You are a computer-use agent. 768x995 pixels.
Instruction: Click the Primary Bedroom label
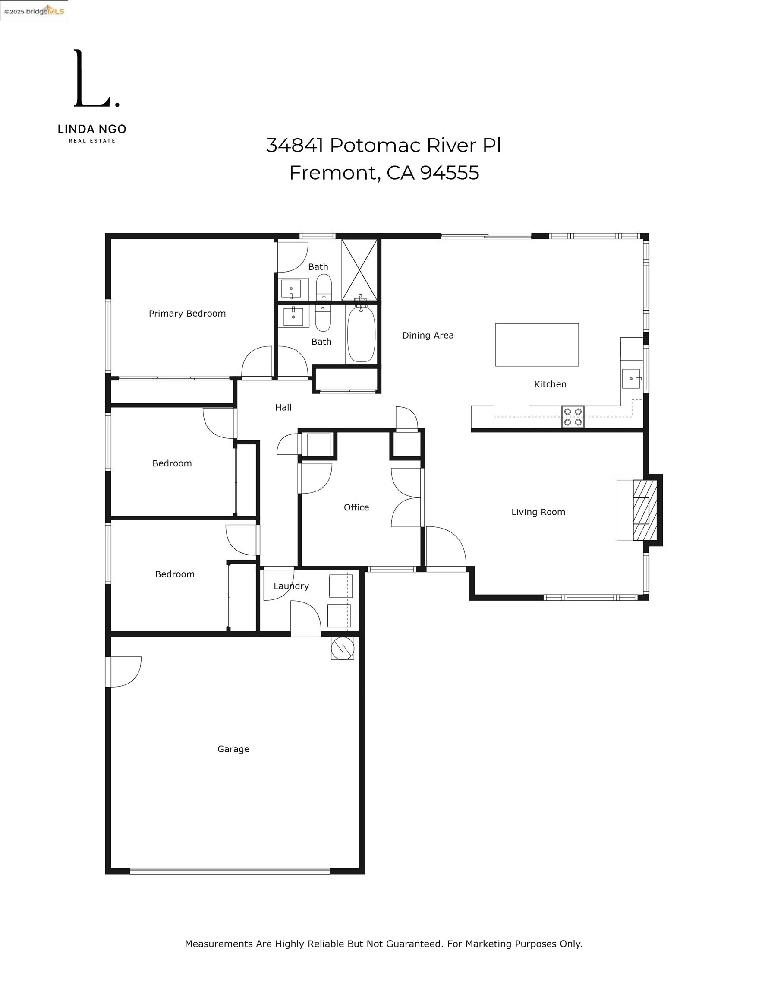187,314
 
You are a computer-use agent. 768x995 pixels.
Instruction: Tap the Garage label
233,749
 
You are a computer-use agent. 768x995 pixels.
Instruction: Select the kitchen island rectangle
537,345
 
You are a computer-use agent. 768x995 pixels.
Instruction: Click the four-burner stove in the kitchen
573,417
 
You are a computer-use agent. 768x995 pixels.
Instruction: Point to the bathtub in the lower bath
361,334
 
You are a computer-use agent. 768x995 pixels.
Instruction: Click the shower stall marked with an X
360,270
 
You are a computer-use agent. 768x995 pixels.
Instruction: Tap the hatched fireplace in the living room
645,510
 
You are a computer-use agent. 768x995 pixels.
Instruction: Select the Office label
356,507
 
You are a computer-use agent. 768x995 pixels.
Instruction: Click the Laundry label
291,586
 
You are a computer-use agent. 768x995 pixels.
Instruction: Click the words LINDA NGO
92,130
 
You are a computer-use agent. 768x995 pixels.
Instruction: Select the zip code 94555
449,173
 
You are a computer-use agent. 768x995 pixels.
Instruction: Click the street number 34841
295,146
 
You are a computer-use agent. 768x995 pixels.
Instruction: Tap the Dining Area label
428,336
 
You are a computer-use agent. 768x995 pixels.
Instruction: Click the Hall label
283,408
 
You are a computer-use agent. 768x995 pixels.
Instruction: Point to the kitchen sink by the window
631,379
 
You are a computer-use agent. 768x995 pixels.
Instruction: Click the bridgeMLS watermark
34,11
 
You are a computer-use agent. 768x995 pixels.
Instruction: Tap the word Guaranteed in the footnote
414,944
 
